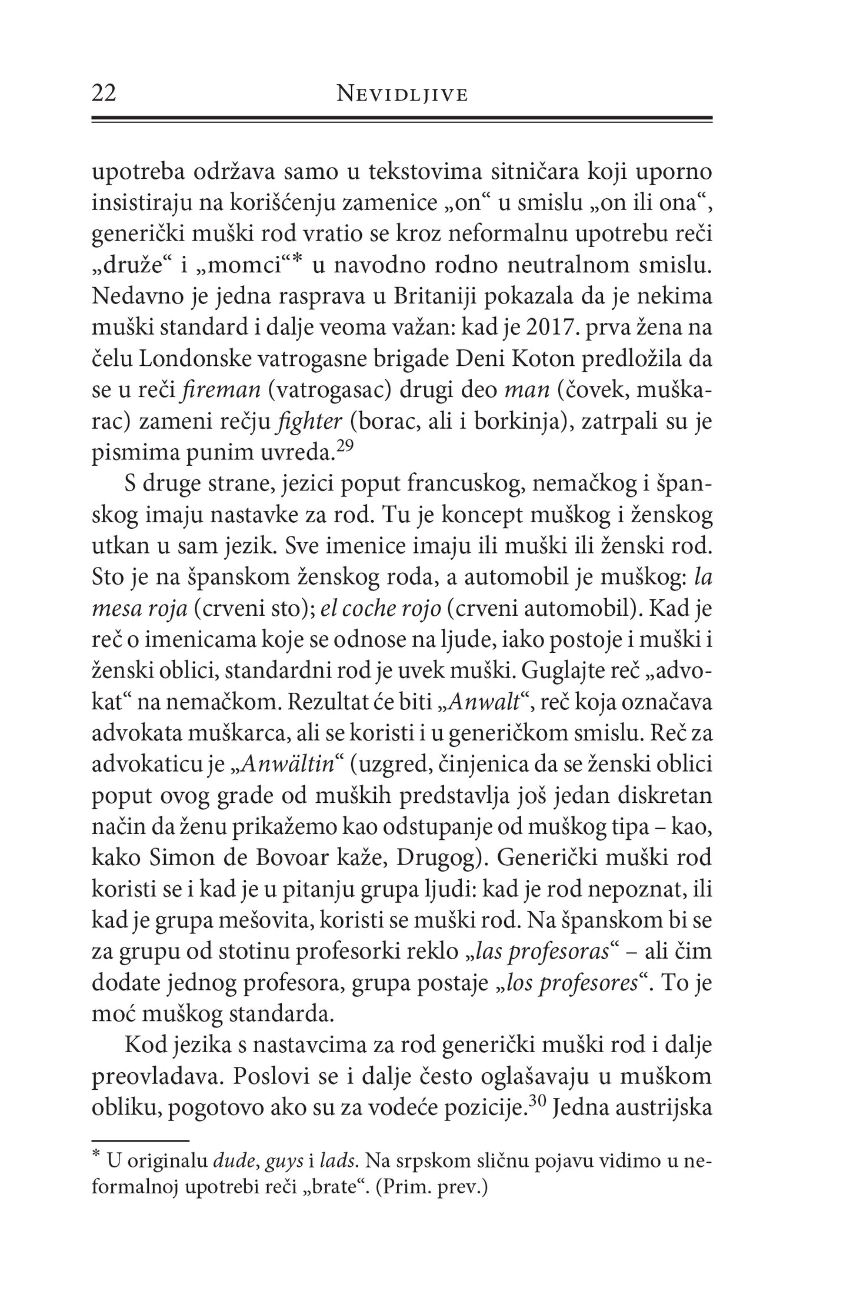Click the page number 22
coord(104,94)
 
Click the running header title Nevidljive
coord(402,95)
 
